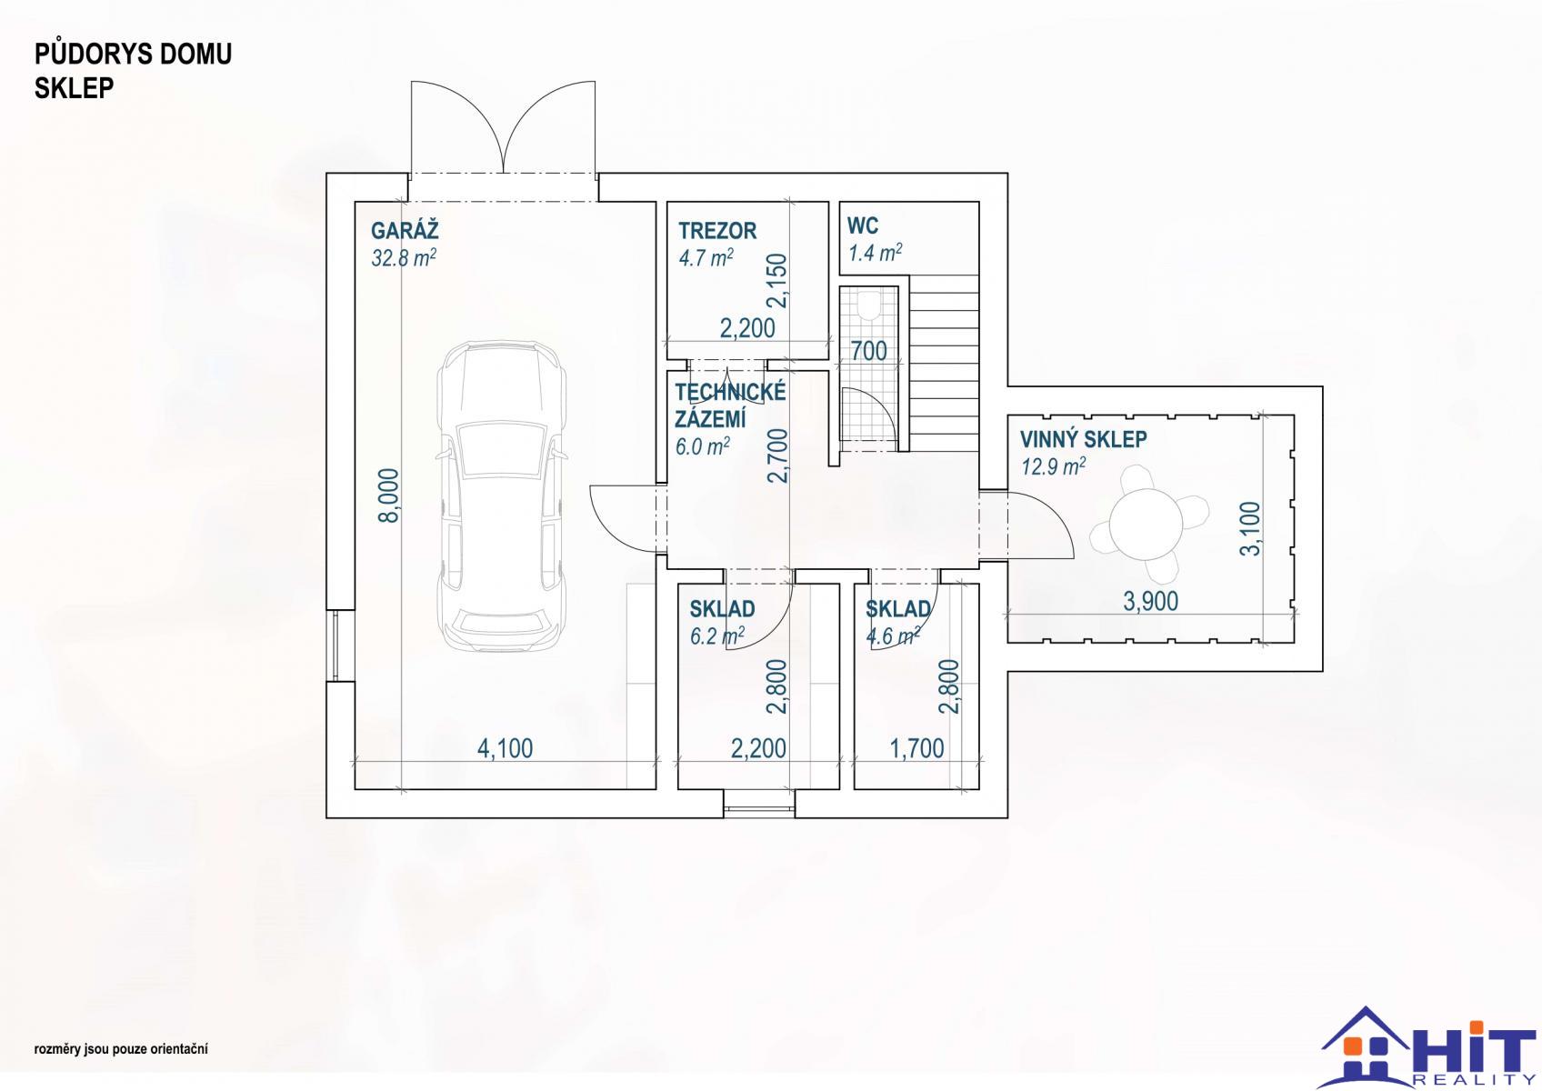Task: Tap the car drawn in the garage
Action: (503, 495)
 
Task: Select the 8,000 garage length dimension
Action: (389, 495)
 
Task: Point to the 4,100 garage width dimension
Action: (506, 748)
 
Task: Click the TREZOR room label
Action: (717, 231)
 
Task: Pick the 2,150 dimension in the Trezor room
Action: (776, 280)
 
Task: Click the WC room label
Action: (863, 225)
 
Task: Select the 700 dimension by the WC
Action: (869, 351)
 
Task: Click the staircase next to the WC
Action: (944, 362)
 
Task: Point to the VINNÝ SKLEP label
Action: (1084, 439)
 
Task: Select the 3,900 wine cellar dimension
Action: (1151, 601)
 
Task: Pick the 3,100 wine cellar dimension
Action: (1250, 528)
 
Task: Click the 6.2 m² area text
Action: (716, 636)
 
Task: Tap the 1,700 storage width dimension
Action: (917, 748)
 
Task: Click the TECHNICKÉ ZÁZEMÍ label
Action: (730, 405)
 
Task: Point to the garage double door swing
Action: (503, 126)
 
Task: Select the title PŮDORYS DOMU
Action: (134, 54)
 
